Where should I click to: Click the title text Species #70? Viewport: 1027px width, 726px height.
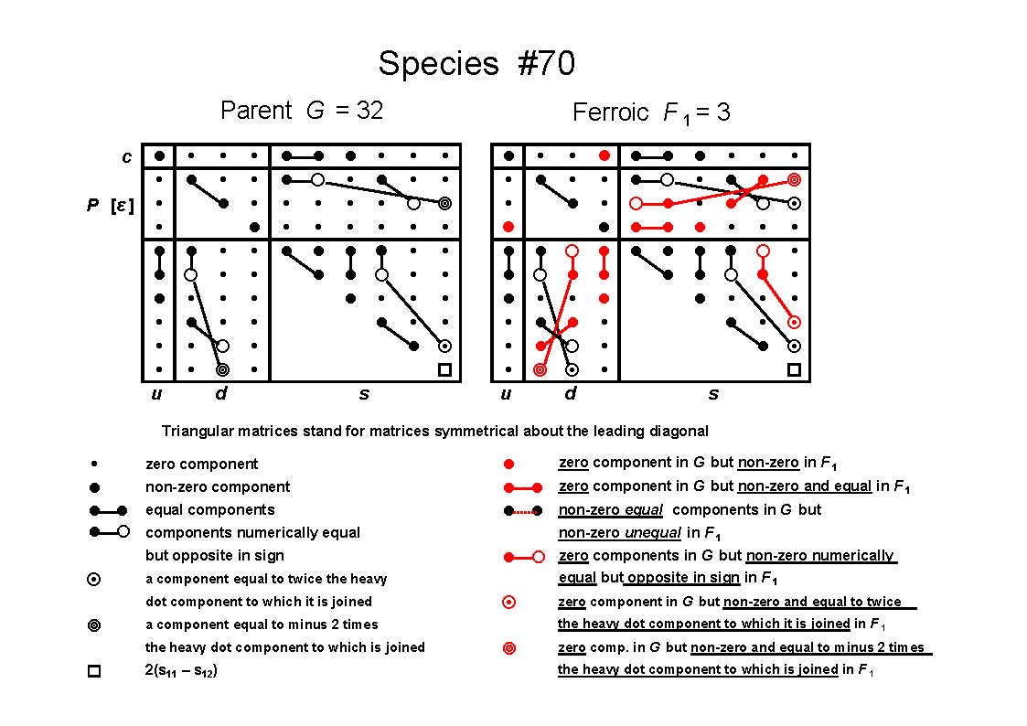point(476,64)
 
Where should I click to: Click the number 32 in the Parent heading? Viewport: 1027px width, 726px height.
point(369,110)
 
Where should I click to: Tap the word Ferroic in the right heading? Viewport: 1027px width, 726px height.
point(610,112)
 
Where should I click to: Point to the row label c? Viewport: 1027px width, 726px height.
point(126,157)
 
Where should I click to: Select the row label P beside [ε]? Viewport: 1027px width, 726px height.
point(93,205)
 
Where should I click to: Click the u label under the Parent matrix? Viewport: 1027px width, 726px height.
point(156,393)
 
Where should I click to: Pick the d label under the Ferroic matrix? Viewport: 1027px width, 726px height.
point(571,393)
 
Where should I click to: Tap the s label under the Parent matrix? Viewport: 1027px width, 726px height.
point(364,393)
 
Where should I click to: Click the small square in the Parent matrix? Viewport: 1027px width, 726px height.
point(444,370)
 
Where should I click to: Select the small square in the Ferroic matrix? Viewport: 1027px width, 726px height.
point(794,370)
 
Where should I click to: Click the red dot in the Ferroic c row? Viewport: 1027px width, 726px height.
point(604,155)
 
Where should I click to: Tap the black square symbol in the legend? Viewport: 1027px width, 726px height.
point(94,671)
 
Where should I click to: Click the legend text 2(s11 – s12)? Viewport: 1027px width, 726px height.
point(181,670)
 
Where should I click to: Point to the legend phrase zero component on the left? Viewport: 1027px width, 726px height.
point(201,464)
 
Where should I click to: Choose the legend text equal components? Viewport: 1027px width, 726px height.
point(209,509)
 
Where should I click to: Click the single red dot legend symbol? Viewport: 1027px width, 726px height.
point(508,464)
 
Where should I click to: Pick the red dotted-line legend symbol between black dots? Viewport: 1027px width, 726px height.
point(523,510)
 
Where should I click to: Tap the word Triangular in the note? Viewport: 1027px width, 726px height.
point(193,431)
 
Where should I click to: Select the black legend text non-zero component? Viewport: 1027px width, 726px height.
point(218,486)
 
